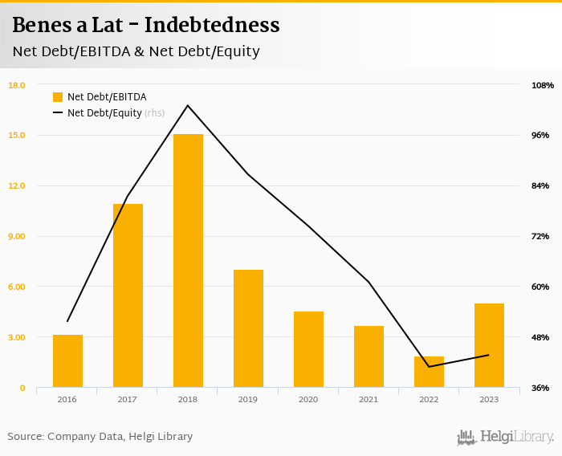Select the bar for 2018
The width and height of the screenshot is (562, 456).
tap(188, 261)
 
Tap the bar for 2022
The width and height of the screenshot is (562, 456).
tap(429, 372)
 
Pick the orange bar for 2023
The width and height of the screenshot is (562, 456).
tap(489, 345)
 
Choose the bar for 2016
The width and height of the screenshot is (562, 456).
tap(67, 361)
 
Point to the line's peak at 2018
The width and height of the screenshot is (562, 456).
tap(188, 105)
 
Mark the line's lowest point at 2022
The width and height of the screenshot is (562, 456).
tap(429, 367)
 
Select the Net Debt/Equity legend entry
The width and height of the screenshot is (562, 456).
tap(104, 113)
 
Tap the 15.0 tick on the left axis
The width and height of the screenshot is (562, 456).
tap(17, 135)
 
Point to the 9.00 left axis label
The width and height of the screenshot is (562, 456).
tap(17, 236)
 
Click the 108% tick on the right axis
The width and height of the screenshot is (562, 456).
tap(543, 85)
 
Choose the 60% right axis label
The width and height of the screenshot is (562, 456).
tap(540, 287)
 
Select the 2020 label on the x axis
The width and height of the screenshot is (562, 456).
tap(308, 400)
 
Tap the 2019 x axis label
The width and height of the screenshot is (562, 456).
tap(248, 400)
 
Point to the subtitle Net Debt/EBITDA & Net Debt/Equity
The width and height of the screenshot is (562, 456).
tap(136, 51)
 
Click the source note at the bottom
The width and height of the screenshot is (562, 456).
tap(100, 437)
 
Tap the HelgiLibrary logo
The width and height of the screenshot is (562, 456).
tap(506, 438)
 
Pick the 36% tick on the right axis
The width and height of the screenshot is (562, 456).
tap(540, 388)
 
